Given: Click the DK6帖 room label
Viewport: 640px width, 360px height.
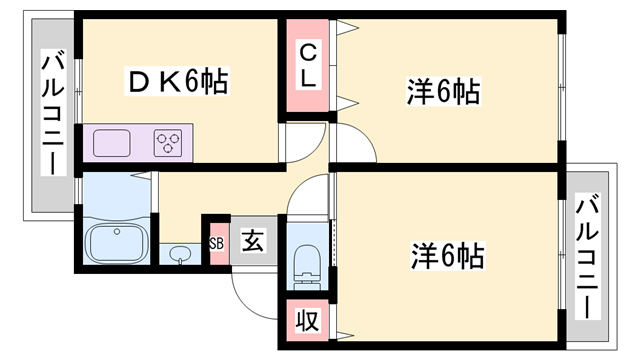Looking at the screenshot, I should coord(176,80).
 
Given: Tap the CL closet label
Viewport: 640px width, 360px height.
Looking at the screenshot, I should coord(308,63).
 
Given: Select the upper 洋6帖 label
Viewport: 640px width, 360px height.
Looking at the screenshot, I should coord(443,92).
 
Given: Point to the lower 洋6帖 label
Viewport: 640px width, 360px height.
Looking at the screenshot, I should coord(446,256).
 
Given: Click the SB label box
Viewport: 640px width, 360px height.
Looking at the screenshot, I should coord(216,242).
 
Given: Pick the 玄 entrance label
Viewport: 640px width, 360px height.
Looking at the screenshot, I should coord(253,241).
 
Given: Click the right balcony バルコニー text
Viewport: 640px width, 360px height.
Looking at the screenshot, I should coord(588,253).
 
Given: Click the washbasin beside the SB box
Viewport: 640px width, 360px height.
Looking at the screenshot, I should coord(180,253).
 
